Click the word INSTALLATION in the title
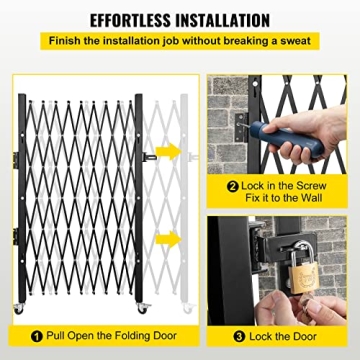coord(221,20)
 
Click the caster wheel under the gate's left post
coord(19,309)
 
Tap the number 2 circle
coord(232,186)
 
